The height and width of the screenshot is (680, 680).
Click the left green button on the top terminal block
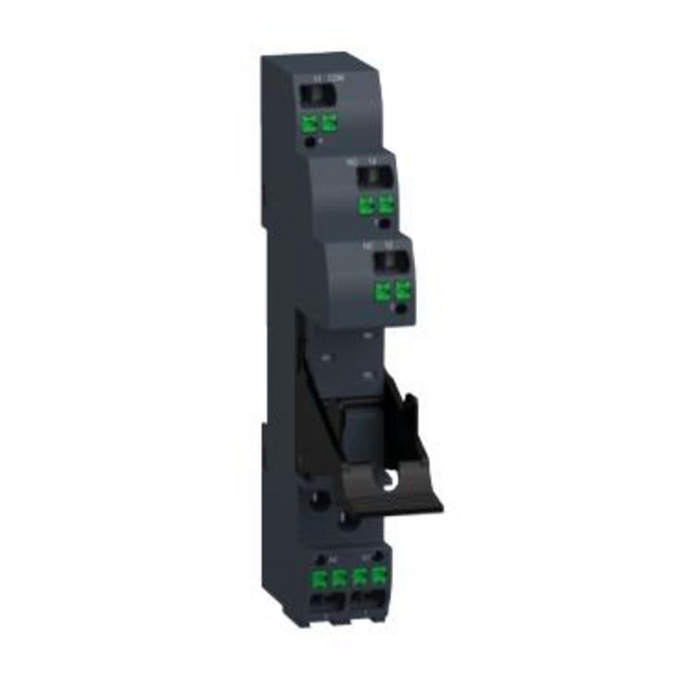coord(309,122)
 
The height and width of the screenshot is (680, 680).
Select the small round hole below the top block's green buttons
coord(310,141)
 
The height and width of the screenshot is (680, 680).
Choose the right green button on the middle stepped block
coord(387,204)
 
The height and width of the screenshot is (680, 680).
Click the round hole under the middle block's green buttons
coord(385,223)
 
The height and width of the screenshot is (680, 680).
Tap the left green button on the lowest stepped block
coord(383,291)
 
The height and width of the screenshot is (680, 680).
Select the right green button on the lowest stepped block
coord(403,291)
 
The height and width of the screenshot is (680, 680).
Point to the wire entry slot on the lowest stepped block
coord(393,263)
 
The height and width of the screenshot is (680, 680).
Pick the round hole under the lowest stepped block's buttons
coord(402,309)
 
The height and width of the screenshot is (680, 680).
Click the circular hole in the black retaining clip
coord(392,479)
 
